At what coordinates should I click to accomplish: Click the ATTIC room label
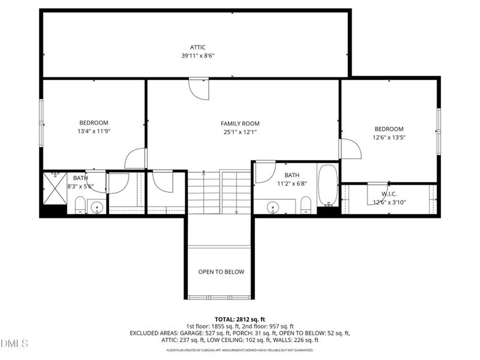pos(197,47)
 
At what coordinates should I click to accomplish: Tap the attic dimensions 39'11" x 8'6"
pos(197,55)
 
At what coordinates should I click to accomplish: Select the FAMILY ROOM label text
pos(240,124)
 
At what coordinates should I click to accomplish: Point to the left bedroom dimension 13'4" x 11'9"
pos(94,131)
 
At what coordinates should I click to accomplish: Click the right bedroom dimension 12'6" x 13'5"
pos(389,137)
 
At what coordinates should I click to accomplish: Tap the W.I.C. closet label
pos(389,194)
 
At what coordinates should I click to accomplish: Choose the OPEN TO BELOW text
pos(221,272)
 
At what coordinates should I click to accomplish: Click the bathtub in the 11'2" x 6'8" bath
pos(328,184)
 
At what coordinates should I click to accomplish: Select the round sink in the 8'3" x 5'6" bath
pos(97,208)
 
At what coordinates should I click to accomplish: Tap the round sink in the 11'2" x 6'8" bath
pos(274,207)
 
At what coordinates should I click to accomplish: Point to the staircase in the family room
pos(219,192)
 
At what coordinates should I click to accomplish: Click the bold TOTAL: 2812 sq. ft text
pos(240,319)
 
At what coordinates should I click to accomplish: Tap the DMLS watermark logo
pos(14,343)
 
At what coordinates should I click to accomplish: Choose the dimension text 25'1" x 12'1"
pos(240,132)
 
